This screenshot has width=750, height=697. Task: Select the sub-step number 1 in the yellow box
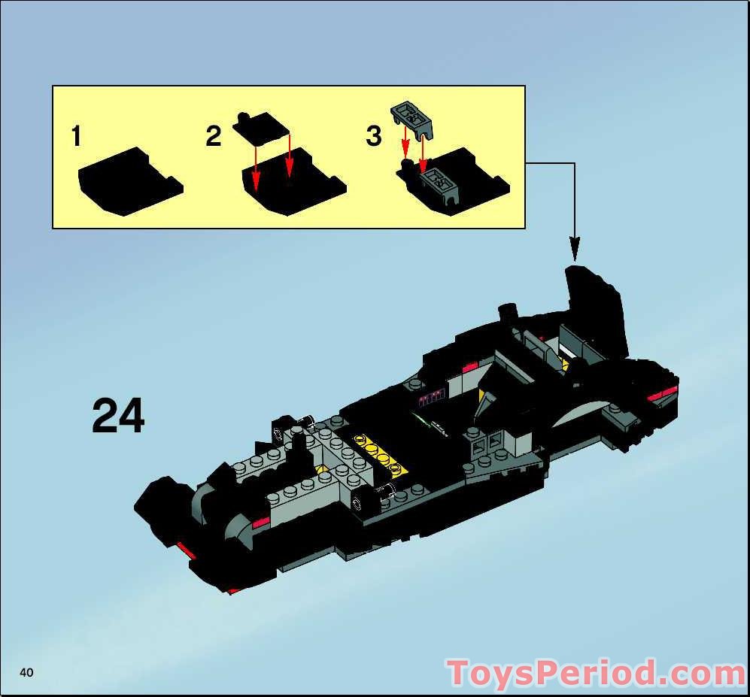(x=76, y=137)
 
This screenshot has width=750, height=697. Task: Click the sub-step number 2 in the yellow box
(x=214, y=137)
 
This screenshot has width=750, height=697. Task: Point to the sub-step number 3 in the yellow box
(x=374, y=137)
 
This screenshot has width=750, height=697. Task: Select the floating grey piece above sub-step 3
(x=413, y=119)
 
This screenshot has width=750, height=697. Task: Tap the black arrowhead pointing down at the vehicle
(x=575, y=247)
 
